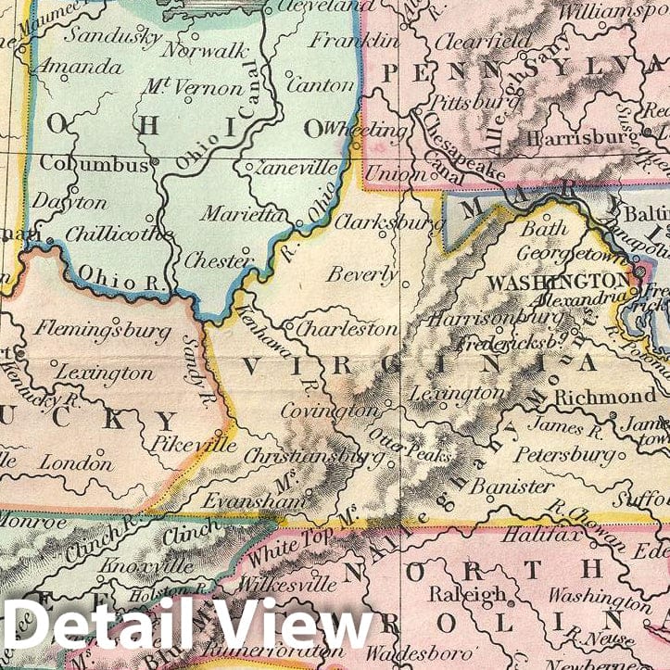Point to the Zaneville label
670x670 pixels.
click(x=295, y=170)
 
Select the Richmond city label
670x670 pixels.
click(x=605, y=396)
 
